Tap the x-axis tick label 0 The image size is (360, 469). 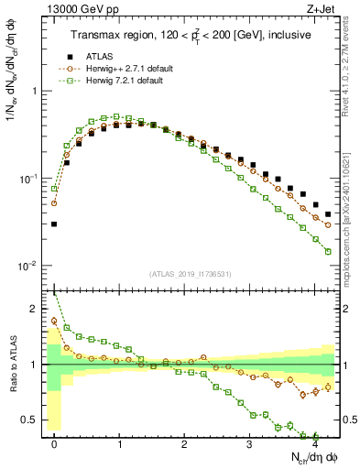54,443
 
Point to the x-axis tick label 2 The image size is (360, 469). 184,443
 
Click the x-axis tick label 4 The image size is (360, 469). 314,443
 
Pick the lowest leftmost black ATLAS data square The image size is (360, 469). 54,224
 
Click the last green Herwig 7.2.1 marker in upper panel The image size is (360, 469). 328,251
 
